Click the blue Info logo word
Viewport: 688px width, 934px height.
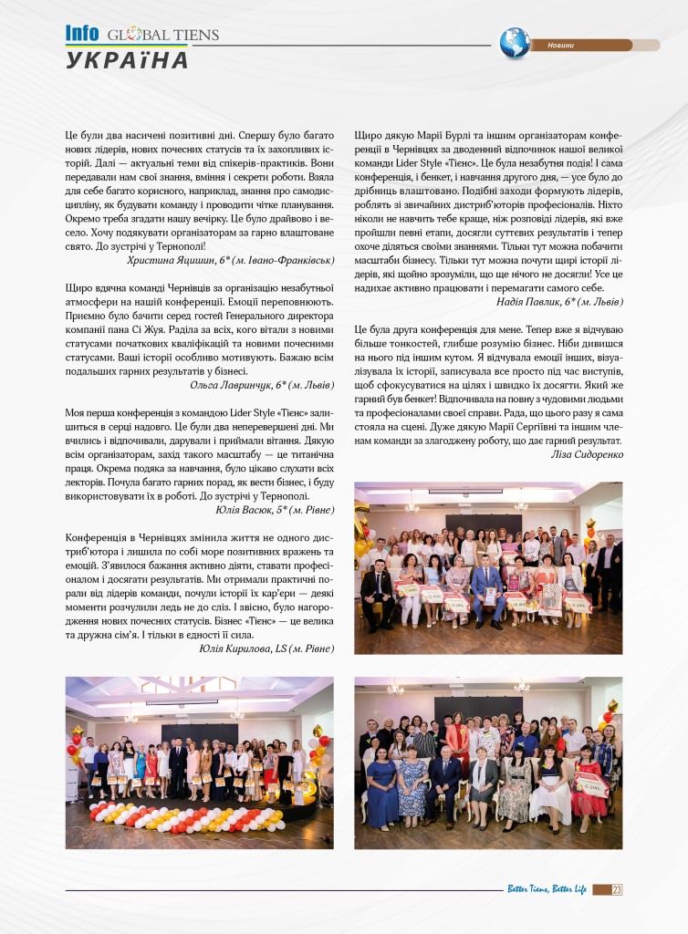pyautogui.click(x=82, y=33)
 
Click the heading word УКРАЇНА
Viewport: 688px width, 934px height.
pyautogui.click(x=127, y=60)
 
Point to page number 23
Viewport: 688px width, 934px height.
pyautogui.click(x=617, y=889)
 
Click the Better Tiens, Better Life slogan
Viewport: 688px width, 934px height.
pyautogui.click(x=547, y=889)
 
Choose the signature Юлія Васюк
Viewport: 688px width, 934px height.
pyautogui.click(x=240, y=509)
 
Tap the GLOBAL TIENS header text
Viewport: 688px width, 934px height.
pyautogui.click(x=163, y=36)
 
